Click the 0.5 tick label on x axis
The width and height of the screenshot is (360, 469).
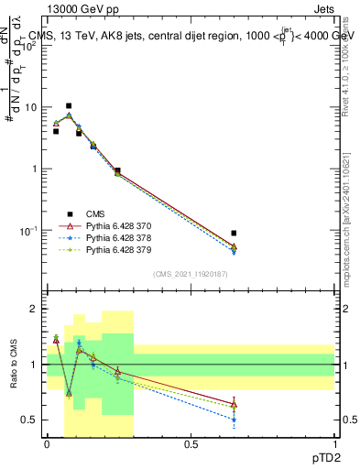[191, 443]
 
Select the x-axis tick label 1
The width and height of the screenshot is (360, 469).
[334, 443]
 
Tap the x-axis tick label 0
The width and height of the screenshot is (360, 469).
[47, 443]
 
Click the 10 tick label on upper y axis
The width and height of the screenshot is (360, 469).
[30, 107]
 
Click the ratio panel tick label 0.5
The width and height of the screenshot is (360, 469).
[30, 420]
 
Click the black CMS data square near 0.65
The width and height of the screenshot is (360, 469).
[234, 234]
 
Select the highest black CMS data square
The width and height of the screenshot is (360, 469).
[69, 106]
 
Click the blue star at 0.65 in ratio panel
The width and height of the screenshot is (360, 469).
[234, 420]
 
